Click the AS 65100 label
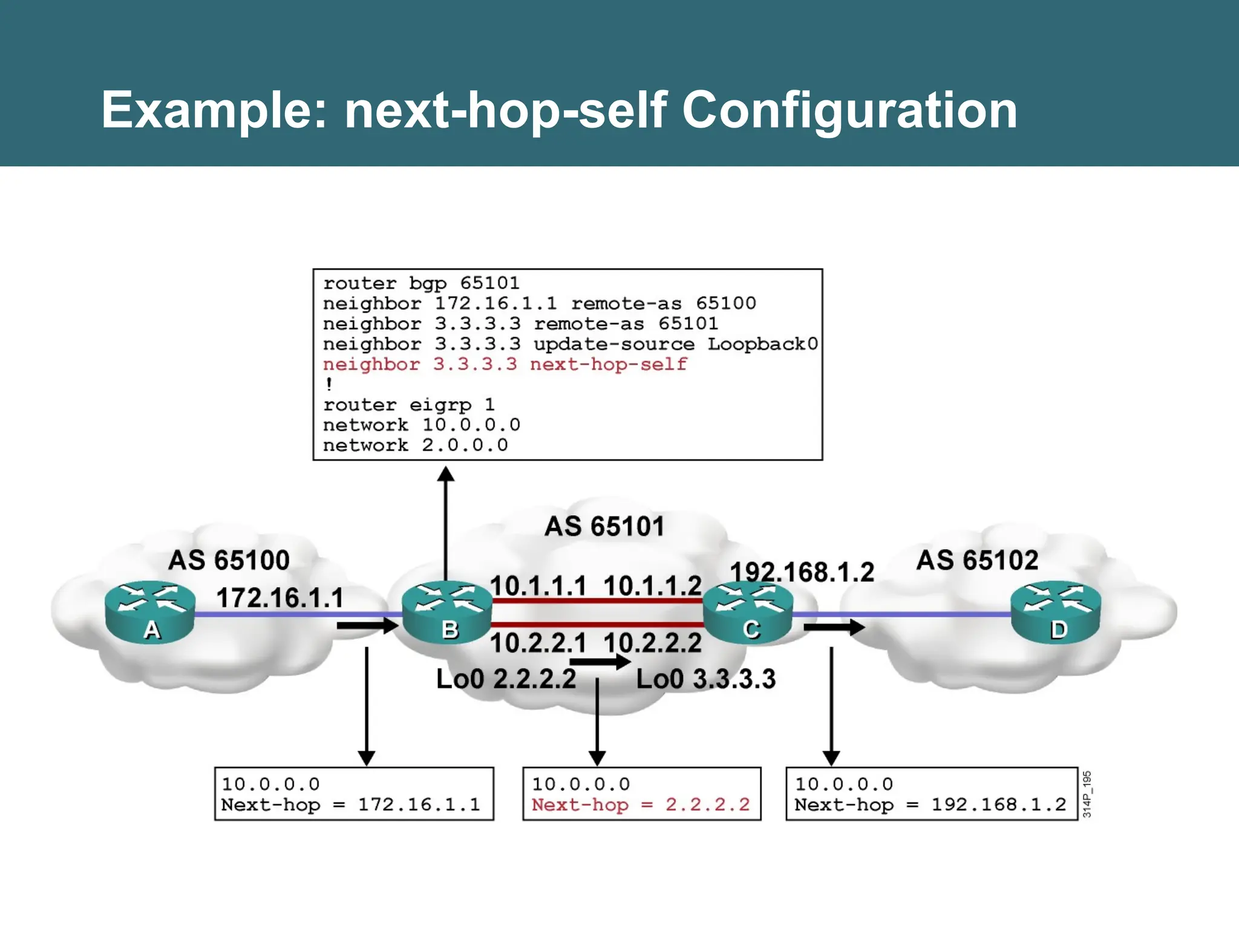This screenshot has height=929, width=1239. [x=229, y=560]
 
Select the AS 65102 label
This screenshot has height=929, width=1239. [x=977, y=560]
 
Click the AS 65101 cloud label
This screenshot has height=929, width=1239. [x=604, y=526]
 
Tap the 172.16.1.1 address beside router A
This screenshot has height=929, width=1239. [x=280, y=598]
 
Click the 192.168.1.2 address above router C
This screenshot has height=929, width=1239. [x=802, y=572]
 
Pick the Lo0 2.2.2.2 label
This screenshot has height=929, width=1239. [x=506, y=679]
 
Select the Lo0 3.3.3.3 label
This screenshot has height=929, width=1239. [x=705, y=679]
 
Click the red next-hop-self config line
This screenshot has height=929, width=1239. [x=505, y=364]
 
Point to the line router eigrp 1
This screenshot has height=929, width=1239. [x=408, y=405]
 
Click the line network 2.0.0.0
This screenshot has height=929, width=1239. [x=415, y=445]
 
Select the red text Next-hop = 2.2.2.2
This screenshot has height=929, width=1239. [x=640, y=804]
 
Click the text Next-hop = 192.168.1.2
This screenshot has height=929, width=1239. [x=930, y=804]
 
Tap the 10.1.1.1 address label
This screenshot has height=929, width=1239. [x=538, y=585]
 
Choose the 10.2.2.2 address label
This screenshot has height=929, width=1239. [x=652, y=642]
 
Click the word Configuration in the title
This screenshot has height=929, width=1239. [x=849, y=110]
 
